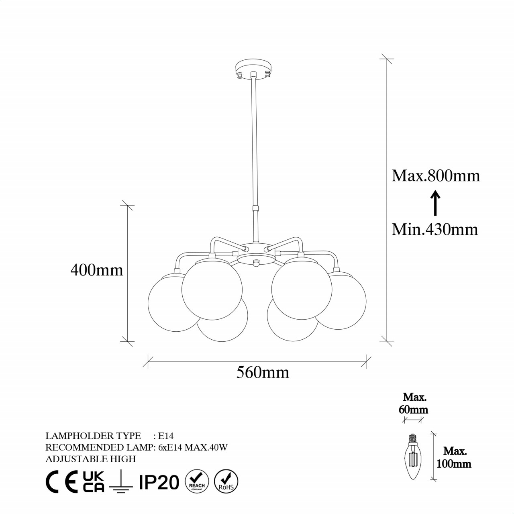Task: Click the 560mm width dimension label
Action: coord(263,373)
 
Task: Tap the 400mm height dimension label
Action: coord(97,270)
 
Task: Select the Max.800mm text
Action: coord(436,176)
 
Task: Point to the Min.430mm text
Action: coord(435,229)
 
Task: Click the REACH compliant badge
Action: coord(197,480)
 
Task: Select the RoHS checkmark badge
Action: coord(226,480)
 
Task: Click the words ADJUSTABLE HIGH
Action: coord(91,459)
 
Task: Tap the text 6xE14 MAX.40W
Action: coord(192,447)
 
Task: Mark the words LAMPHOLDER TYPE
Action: coord(93,436)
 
